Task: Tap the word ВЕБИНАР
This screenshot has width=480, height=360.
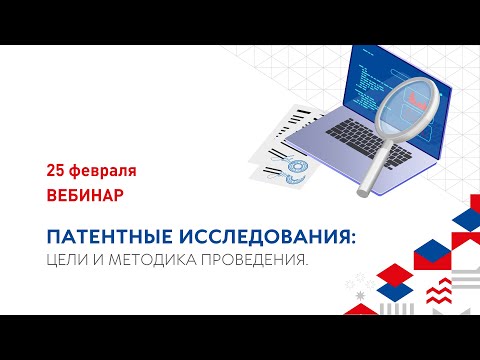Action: [85, 194]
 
